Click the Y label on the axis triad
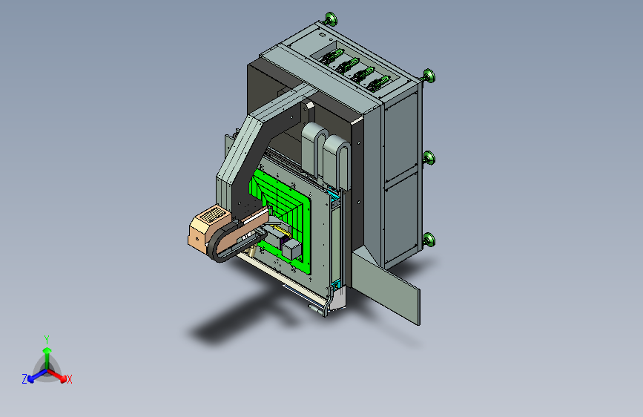tap(47, 339)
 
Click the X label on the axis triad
tap(69, 379)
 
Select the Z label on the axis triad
tap(24, 379)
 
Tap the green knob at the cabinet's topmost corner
tap(331, 19)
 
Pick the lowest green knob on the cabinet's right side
tap(429, 240)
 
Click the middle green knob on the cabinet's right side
tap(429, 157)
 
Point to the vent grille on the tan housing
tap(211, 215)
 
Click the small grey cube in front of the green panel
tap(291, 249)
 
